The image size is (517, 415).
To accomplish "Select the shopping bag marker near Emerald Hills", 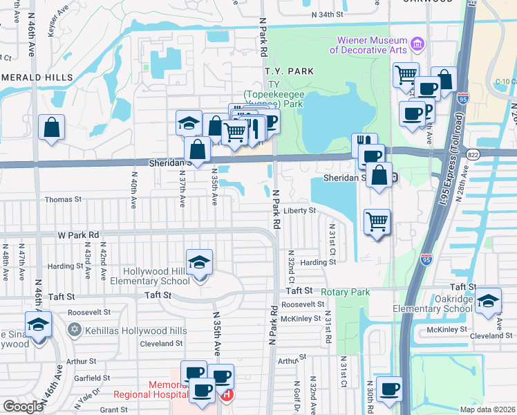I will [x=51, y=128].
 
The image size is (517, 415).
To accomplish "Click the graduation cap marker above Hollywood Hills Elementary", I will [x=199, y=264].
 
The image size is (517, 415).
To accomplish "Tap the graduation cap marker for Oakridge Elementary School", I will [x=488, y=301].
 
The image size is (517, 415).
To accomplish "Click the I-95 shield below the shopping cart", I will [x=426, y=259].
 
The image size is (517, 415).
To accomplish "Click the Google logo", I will [x=23, y=407].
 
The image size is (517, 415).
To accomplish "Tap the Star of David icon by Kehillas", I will [x=73, y=330].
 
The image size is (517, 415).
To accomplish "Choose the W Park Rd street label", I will [x=79, y=235].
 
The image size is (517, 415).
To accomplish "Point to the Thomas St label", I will [x=63, y=199].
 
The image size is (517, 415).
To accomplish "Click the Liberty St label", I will [x=299, y=210].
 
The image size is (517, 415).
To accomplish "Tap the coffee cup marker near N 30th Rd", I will [x=389, y=389].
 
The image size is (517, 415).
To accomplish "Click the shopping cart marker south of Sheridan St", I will [x=377, y=222].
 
